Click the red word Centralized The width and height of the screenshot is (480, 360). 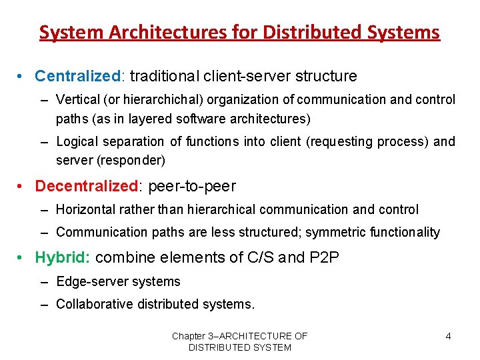pyautogui.click(x=77, y=77)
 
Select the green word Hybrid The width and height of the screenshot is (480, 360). pyautogui.click(x=62, y=257)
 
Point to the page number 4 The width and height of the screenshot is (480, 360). pyautogui.click(x=448, y=336)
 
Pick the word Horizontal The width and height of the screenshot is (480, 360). pyautogui.click(x=85, y=210)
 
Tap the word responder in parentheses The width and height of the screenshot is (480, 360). pyautogui.click(x=135, y=161)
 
